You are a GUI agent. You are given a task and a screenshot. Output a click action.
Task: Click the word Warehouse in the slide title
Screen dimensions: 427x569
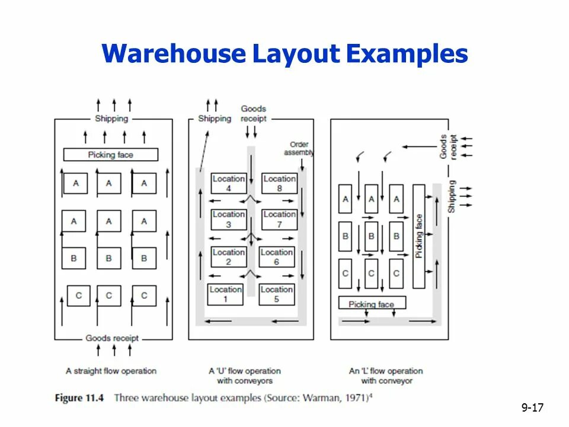172,54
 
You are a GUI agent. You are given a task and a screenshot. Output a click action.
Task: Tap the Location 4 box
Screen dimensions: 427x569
228,183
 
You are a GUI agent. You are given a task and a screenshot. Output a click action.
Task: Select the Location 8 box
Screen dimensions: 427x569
279,183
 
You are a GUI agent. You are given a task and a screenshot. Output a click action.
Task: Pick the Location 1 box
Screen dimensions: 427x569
225,294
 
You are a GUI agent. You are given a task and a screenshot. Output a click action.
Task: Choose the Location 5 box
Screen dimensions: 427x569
276,294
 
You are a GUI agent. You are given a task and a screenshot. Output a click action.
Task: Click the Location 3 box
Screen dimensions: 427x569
228,219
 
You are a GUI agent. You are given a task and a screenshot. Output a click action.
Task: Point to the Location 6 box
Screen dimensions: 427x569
276,257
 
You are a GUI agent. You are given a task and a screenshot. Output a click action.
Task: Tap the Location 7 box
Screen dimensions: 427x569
279,219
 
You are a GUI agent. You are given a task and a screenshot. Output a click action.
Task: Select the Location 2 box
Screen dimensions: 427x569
228,257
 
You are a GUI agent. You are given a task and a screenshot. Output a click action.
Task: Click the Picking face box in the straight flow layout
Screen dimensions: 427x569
111,155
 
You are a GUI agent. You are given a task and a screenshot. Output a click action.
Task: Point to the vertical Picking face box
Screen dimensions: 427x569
418,236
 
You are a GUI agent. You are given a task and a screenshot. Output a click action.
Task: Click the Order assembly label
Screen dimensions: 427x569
299,148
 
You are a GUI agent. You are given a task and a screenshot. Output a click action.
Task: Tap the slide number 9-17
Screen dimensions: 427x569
532,407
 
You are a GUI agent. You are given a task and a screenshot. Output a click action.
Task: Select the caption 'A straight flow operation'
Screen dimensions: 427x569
111,371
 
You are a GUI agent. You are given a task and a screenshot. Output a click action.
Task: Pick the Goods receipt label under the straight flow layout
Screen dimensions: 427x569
112,338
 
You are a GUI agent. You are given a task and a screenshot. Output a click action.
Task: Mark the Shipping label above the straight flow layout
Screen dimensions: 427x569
111,119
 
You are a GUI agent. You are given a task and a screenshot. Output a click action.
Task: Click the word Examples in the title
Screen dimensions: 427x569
407,54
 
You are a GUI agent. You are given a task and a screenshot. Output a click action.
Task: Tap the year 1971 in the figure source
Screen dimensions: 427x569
356,397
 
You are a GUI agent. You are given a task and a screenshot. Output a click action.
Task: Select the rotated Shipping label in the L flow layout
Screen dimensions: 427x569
452,196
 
